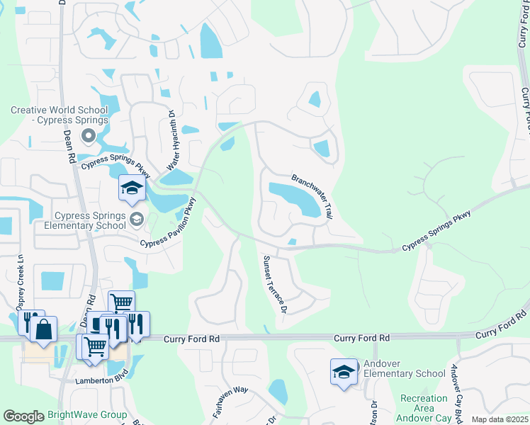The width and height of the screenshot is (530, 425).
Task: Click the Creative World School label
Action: click(x=59, y=115)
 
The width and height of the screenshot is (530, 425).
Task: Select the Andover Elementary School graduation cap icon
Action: click(x=344, y=371)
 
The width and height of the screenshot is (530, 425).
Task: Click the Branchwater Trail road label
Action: click(x=312, y=196)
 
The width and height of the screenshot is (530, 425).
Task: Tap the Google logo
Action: click(x=23, y=416)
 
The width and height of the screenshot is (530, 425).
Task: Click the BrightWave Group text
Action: click(x=87, y=415)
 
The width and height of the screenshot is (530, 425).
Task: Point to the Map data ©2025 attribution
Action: click(x=500, y=419)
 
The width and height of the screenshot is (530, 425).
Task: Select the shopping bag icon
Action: click(x=43, y=329)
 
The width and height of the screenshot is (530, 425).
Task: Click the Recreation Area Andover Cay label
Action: click(x=423, y=409)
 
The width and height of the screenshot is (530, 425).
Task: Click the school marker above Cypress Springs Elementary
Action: click(x=132, y=188)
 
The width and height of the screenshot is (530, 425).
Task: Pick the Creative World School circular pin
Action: click(x=88, y=135)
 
